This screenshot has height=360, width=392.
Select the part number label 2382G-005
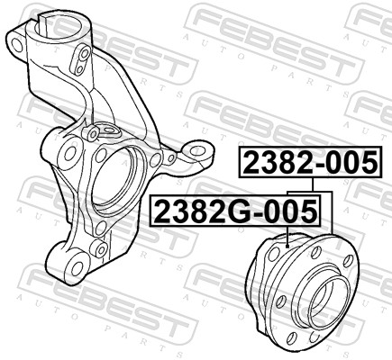236,212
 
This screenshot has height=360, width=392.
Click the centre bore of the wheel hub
322,300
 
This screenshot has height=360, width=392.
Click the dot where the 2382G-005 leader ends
286,244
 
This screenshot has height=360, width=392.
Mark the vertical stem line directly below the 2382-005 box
309,184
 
